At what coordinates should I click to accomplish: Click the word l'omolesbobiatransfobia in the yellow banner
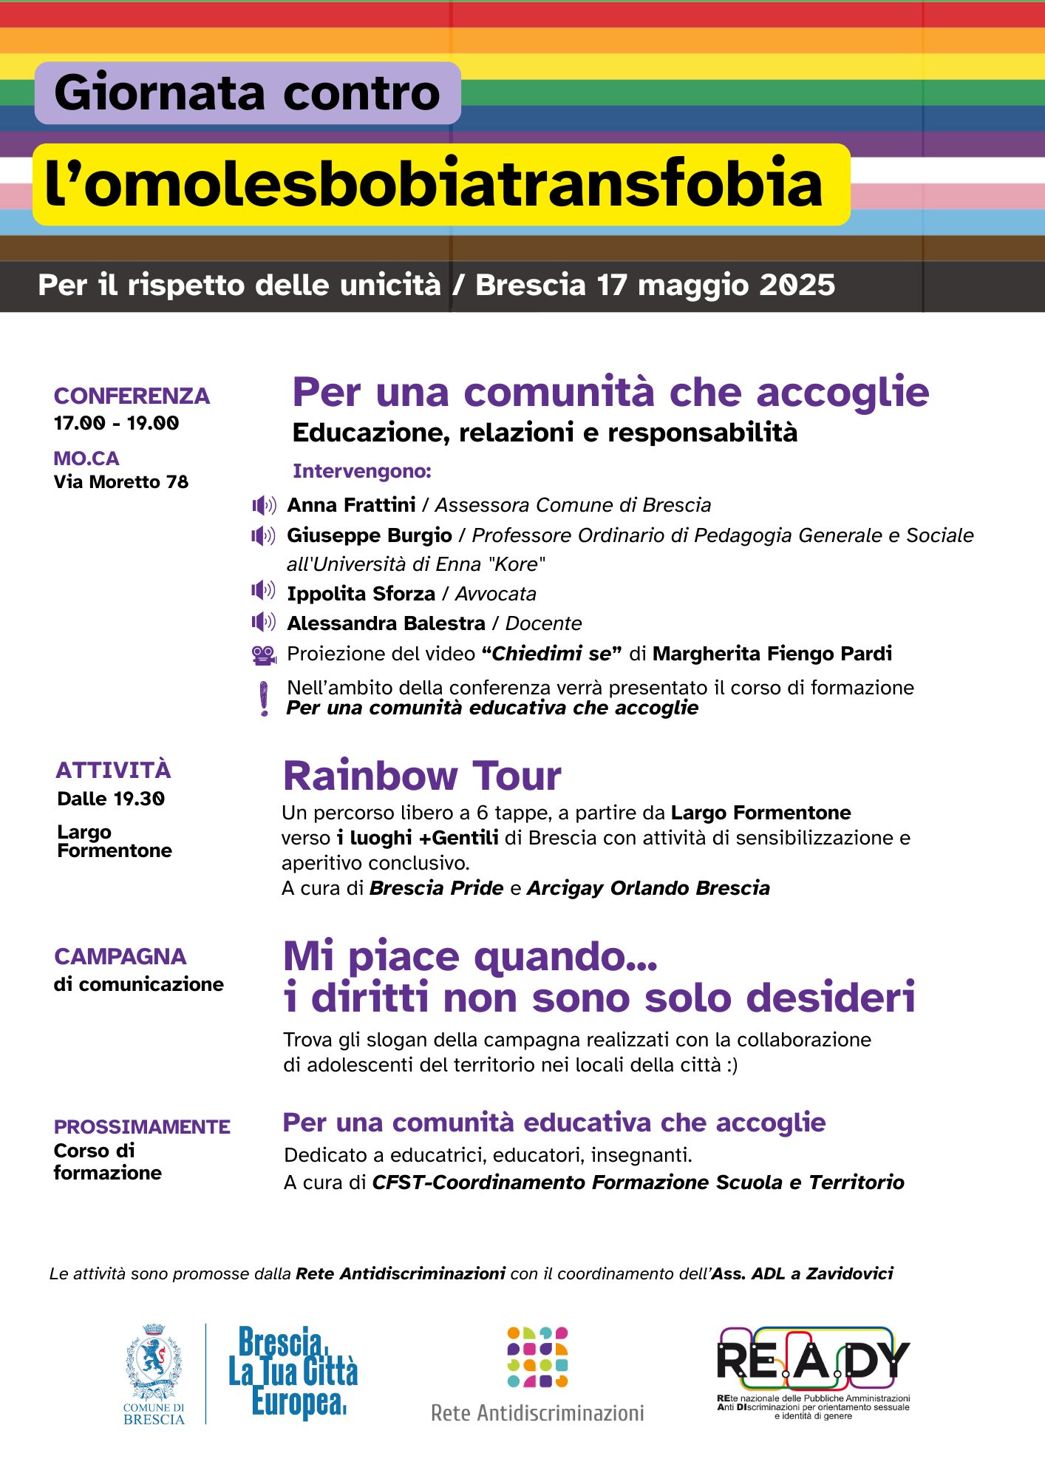click(x=434, y=184)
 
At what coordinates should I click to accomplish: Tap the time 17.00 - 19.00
click(x=116, y=424)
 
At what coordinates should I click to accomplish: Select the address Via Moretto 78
click(x=120, y=482)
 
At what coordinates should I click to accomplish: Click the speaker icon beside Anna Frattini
click(x=264, y=506)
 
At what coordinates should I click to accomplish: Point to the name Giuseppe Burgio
click(x=369, y=535)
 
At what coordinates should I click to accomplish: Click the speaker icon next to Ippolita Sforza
click(x=263, y=591)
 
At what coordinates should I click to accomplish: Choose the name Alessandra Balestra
click(x=386, y=623)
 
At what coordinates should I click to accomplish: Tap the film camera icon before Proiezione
click(x=263, y=655)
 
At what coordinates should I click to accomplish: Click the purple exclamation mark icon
click(x=264, y=699)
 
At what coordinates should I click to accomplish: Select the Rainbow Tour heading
click(x=422, y=776)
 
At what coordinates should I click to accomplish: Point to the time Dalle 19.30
click(x=111, y=799)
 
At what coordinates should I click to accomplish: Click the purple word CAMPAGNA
click(x=120, y=957)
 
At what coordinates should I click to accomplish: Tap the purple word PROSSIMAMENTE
click(x=142, y=1127)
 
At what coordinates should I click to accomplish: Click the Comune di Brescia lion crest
click(x=154, y=1362)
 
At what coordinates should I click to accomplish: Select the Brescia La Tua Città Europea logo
click(x=293, y=1373)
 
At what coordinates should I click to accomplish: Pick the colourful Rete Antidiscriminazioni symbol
click(x=537, y=1358)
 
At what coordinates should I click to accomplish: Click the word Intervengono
click(x=361, y=472)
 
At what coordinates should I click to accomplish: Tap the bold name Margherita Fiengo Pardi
click(x=772, y=654)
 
